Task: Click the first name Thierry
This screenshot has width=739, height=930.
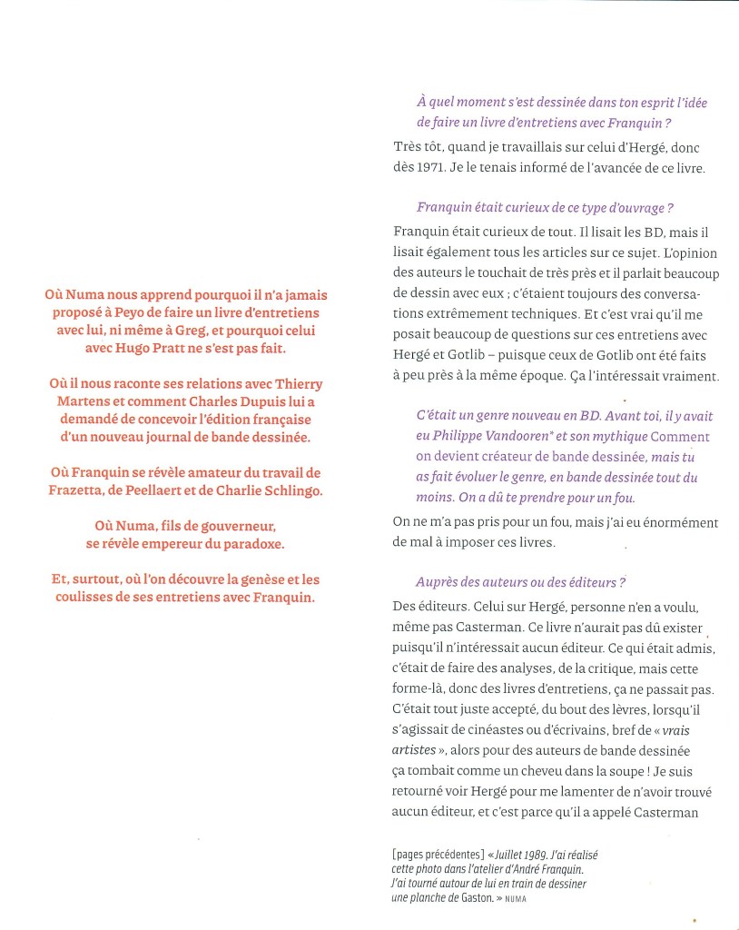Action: [x=296, y=383]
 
